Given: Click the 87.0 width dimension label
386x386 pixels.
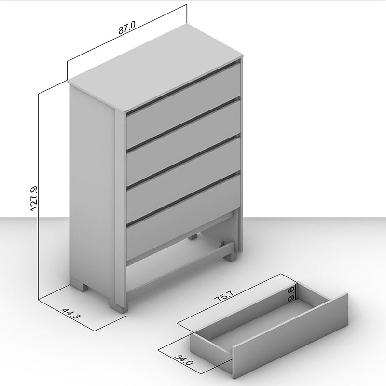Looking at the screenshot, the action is click(x=127, y=28).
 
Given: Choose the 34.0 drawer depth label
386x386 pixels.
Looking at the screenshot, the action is click(x=184, y=363).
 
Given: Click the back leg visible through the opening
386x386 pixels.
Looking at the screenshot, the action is click(x=193, y=236).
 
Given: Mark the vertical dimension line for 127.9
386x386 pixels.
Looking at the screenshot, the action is click(x=38, y=196).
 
